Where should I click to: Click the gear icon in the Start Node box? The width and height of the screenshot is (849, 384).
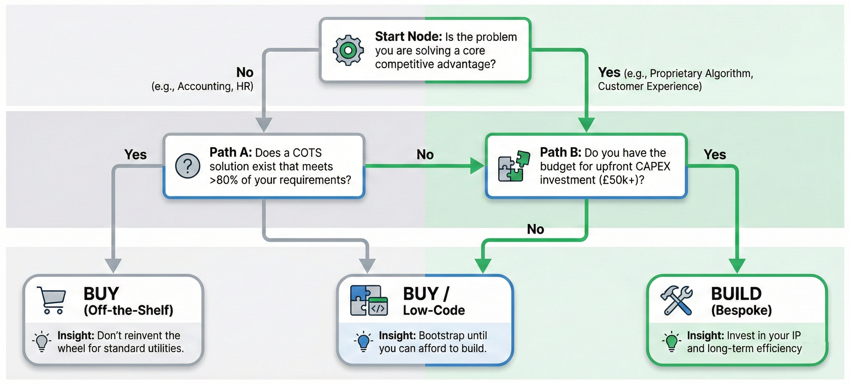coord(348,51)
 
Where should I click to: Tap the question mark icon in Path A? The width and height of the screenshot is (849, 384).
coord(187,166)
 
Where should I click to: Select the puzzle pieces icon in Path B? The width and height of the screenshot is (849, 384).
coord(514,166)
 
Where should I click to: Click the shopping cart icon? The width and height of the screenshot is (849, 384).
coord(52,300)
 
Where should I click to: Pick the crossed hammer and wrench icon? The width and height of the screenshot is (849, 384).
coord(676,300)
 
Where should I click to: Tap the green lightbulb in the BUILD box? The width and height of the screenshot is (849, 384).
coord(671,342)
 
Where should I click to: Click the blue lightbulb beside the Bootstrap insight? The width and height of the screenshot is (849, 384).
coord(363,342)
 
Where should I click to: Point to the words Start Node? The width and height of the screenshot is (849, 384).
coord(408,37)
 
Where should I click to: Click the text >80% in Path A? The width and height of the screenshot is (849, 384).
coord(224,180)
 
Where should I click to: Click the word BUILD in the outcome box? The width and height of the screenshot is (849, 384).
coord(736,294)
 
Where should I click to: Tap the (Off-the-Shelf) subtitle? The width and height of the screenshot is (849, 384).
coord(128,310)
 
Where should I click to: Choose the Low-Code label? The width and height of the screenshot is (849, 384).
coord(433,310)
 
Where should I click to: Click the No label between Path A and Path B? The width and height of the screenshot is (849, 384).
coord(425,155)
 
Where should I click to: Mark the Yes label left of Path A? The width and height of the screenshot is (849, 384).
coord(135,155)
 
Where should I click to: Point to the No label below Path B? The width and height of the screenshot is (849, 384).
coord(535,229)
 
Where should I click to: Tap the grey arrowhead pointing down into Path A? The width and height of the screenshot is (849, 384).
coord(263,125)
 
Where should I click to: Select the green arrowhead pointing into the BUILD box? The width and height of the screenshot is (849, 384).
coord(737,265)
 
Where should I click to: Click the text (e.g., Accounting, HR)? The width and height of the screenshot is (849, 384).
coord(202,86)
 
